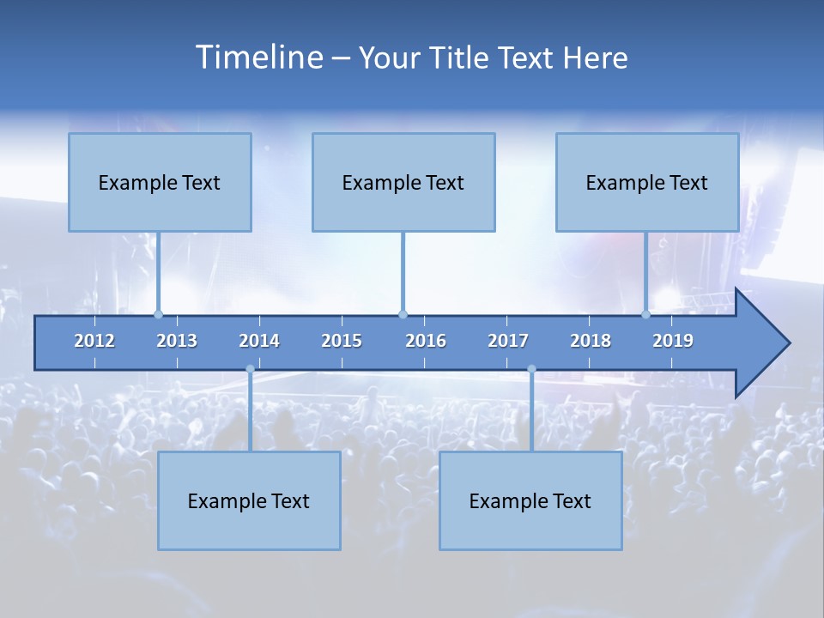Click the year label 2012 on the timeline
tap(94, 341)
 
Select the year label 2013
tap(177, 341)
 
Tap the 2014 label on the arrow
tap(259, 341)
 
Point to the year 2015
tap(342, 341)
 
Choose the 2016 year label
tap(426, 341)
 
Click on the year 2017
tap(508, 341)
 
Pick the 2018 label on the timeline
tap(591, 341)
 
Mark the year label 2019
tap(673, 341)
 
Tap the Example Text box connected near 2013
tap(160, 182)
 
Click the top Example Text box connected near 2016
tap(403, 182)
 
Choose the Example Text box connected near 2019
tap(647, 182)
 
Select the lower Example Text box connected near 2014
tap(249, 500)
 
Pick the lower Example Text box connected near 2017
tap(530, 500)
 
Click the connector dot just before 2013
tap(158, 314)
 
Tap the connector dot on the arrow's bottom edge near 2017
tap(531, 369)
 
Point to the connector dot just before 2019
tap(645, 314)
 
